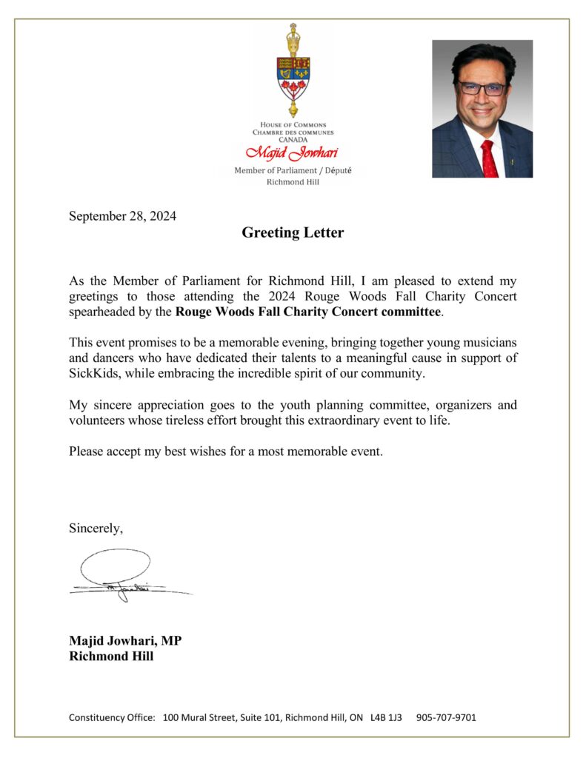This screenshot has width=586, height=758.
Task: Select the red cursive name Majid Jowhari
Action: (x=293, y=154)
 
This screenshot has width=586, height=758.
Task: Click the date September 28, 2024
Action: (x=123, y=216)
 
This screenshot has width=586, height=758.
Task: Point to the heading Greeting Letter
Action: (x=293, y=233)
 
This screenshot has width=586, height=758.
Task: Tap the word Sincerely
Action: (x=96, y=529)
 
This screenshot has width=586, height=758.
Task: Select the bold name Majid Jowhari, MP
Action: (x=125, y=641)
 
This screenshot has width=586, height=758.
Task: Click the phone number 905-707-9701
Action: (x=446, y=717)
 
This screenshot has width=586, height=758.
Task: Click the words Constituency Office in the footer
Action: (x=112, y=717)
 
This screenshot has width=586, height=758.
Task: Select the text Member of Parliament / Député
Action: (x=293, y=170)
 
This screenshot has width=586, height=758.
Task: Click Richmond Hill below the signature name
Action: (x=111, y=656)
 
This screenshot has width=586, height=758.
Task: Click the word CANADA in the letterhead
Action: (x=293, y=139)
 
